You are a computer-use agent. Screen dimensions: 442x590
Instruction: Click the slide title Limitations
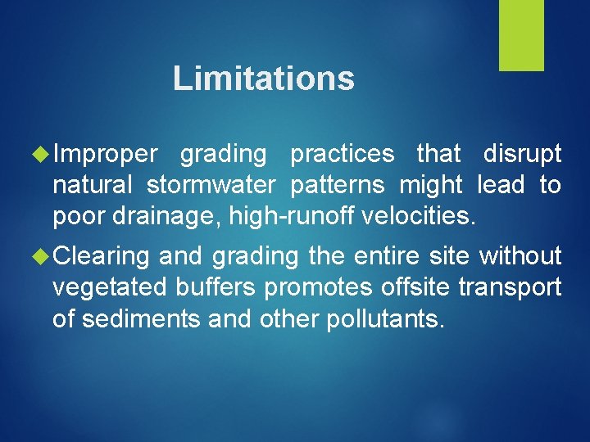[263, 79]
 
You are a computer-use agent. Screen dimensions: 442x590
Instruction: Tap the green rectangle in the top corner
[522, 35]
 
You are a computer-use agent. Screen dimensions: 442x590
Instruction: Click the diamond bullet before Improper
[42, 154]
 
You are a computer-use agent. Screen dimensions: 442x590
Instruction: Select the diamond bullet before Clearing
[42, 257]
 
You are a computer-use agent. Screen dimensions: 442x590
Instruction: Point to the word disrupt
[522, 154]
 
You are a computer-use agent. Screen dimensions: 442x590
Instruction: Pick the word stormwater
[211, 185]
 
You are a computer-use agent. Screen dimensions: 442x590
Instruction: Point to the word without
[520, 257]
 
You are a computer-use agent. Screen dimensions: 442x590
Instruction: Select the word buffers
[216, 288]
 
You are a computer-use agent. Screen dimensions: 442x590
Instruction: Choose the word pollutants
[385, 319]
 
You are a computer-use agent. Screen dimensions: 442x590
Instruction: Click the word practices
[342, 154]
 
